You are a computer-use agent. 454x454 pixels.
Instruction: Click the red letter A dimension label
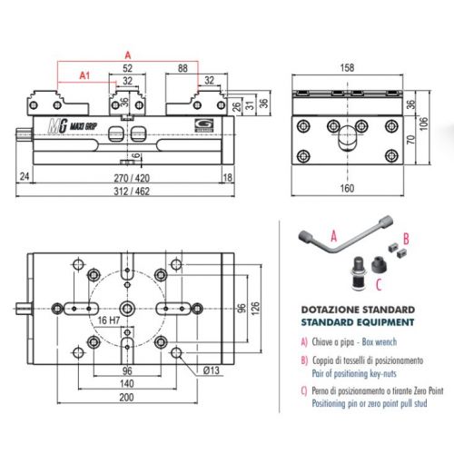click(x=127, y=54)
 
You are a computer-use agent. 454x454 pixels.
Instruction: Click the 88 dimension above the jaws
click(x=183, y=68)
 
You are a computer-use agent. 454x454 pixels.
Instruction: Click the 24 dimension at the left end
click(x=24, y=178)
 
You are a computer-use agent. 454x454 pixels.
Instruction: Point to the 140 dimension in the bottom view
click(x=127, y=384)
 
